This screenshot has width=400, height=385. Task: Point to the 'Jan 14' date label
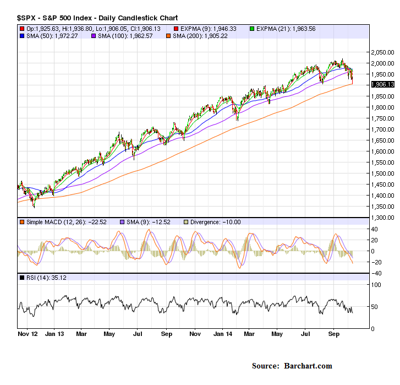coord(222,334)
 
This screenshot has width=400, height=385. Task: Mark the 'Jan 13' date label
coord(54,334)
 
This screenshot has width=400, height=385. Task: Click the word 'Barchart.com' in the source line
coord(309,366)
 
